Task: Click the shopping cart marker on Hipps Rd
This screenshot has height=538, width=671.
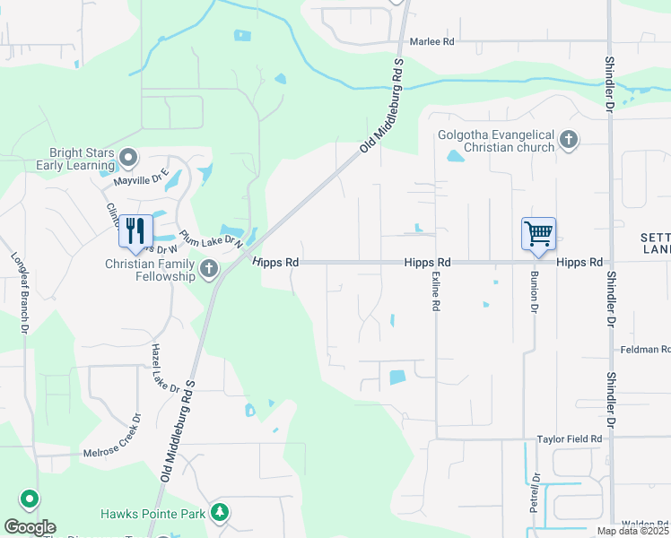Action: pos(538,233)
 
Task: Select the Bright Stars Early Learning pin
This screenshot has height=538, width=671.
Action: pos(128,159)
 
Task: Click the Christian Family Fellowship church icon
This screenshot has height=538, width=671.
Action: pos(208,268)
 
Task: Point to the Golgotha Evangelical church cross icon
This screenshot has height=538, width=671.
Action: pos(567,139)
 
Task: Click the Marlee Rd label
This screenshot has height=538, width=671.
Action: pos(432,42)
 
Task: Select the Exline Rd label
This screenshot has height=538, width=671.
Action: pos(437,292)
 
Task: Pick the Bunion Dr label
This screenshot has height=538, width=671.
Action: pos(534,292)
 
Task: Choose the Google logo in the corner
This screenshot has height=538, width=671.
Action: pos(30,527)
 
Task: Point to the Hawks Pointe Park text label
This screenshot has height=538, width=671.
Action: pos(152,514)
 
